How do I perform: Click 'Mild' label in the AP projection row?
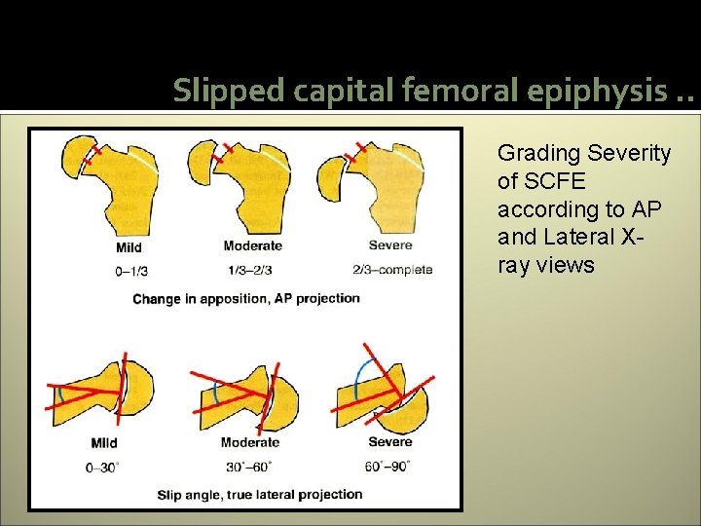pos(129,247)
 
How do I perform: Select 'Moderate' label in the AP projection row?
pos(252,246)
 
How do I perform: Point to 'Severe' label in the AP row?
pos(389,245)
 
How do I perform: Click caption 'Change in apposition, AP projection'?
pos(246,298)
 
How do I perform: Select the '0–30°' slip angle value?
pos(102,468)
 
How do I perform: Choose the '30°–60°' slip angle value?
pos(250,468)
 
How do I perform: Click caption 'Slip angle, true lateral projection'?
pos(259,495)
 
